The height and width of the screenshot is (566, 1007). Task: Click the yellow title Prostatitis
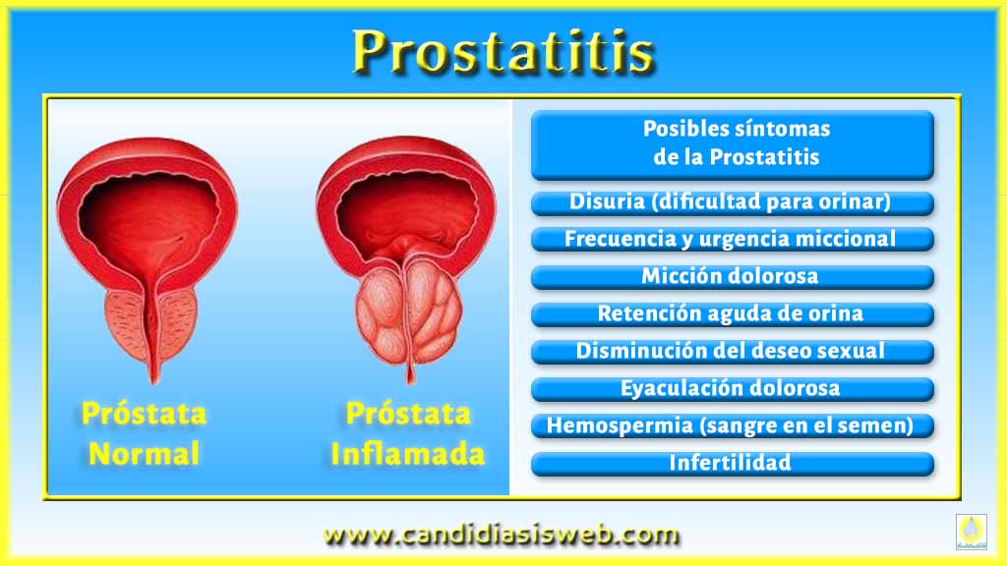pos(503,51)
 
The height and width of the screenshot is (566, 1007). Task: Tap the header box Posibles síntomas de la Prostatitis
pos(732,145)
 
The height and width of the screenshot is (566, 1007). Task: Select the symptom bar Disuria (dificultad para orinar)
pos(732,202)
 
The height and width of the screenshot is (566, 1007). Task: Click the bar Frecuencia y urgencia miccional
pos(732,240)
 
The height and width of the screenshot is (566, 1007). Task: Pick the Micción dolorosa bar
pos(732,277)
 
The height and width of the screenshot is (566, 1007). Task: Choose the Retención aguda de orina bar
pos(732,314)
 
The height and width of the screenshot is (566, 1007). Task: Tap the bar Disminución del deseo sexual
pos(732,352)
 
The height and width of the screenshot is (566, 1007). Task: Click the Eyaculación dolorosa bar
pos(732,389)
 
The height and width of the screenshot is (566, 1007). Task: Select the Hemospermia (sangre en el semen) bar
pos(732,426)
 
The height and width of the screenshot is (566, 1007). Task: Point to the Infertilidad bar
pos(732,464)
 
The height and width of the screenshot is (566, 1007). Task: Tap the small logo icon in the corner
pos(971,532)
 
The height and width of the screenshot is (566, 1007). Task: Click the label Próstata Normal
pos(144,433)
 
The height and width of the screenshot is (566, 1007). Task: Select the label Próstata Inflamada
pos(408,433)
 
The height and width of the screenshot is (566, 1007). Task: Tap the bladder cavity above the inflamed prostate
pos(407,205)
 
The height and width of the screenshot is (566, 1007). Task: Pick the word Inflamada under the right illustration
pos(408,454)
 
